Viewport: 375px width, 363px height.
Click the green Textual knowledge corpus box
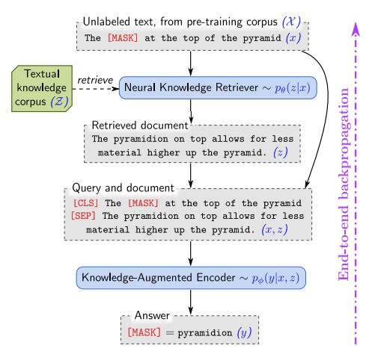(x=42, y=88)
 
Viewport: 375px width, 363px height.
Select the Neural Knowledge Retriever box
(x=218, y=87)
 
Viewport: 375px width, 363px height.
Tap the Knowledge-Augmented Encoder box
(x=191, y=278)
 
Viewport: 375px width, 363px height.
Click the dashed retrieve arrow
(x=96, y=89)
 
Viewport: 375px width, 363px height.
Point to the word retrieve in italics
(x=95, y=80)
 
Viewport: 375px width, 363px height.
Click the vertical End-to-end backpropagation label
(x=344, y=184)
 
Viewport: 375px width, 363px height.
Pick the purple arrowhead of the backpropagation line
(x=356, y=28)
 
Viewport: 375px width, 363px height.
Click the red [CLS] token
(x=85, y=203)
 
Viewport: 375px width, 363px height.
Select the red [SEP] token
(x=83, y=216)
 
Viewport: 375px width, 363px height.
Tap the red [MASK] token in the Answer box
(x=144, y=332)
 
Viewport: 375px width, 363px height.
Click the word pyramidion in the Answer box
(x=205, y=333)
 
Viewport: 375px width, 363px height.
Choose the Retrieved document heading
(x=140, y=125)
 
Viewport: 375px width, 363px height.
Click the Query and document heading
(x=123, y=187)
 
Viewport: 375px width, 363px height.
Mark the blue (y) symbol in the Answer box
(x=244, y=332)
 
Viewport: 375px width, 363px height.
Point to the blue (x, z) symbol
(x=275, y=229)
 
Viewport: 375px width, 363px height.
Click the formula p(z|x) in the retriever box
(x=293, y=88)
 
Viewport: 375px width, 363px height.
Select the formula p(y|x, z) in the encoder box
(x=275, y=278)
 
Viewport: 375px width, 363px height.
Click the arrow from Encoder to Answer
(x=191, y=302)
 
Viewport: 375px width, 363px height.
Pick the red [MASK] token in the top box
(x=123, y=38)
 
